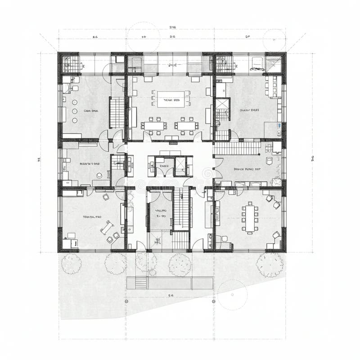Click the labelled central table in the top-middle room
(171, 99)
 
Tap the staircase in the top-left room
(116, 112)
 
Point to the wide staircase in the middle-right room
(237, 148)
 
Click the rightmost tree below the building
(270, 264)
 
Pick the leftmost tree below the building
(71, 263)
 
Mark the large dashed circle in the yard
(232, 295)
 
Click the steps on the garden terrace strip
(141, 283)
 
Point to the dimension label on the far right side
(313, 158)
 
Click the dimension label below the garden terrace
(171, 296)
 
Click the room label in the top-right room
(249, 110)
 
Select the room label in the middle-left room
(89, 164)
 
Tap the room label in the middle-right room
(247, 170)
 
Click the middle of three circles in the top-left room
(75, 110)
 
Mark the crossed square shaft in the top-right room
(222, 108)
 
